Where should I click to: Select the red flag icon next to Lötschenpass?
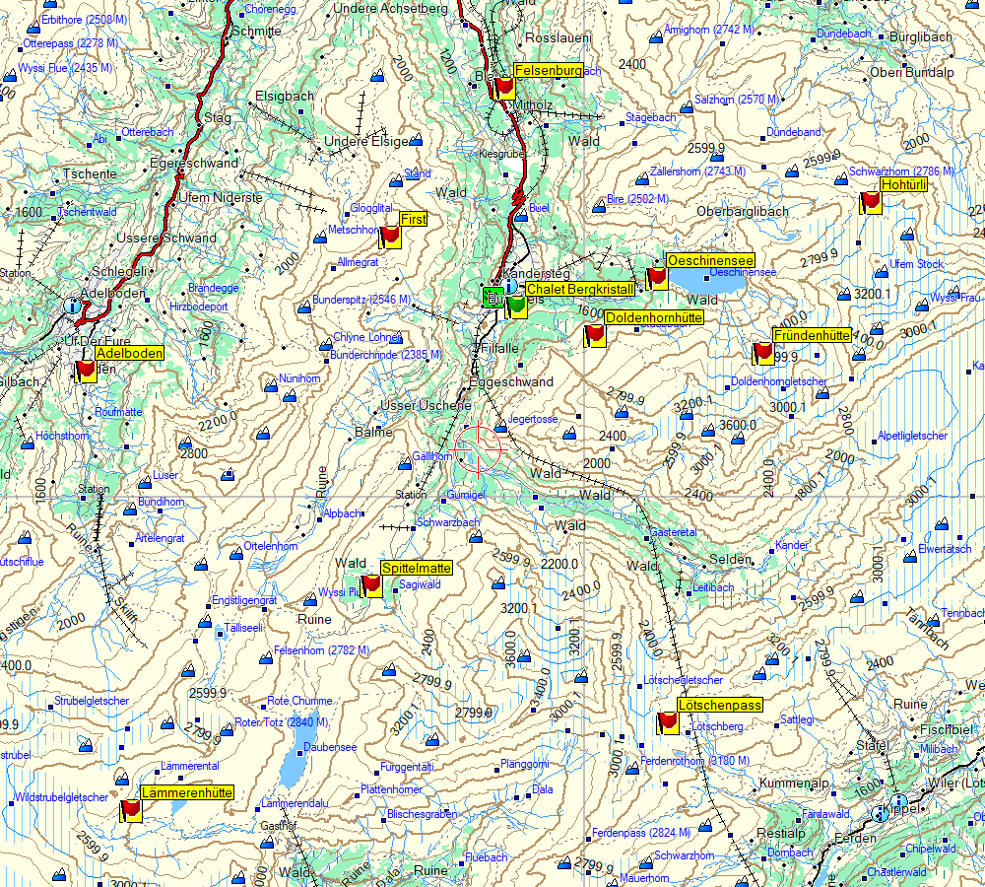point(668,723)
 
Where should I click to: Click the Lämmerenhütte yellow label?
point(187,792)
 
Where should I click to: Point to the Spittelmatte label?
point(417,569)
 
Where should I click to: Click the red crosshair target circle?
point(479,448)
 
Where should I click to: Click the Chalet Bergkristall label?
point(579,289)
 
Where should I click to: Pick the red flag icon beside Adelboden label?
point(86,370)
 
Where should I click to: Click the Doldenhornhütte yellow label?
point(653,318)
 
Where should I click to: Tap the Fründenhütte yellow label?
point(813,335)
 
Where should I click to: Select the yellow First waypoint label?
point(414,219)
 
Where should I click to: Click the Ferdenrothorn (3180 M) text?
point(694,761)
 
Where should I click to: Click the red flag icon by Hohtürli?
point(870,202)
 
